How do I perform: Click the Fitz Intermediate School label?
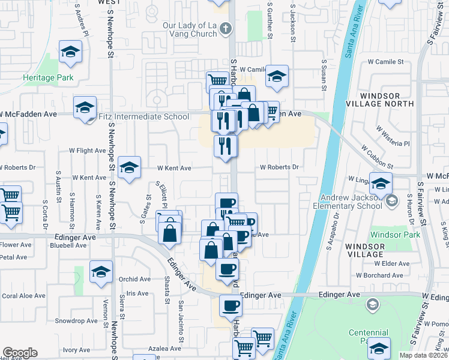[142, 117]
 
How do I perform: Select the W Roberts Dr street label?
[279, 167]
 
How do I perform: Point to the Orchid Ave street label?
[134, 279]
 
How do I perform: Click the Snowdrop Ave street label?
[77, 321]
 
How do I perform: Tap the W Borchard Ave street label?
[382, 275]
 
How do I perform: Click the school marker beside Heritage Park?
[71, 52]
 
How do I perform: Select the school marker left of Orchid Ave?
[101, 272]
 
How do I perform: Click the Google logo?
[20, 353]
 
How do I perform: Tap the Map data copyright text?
[424, 355]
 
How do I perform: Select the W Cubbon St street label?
[377, 156]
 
